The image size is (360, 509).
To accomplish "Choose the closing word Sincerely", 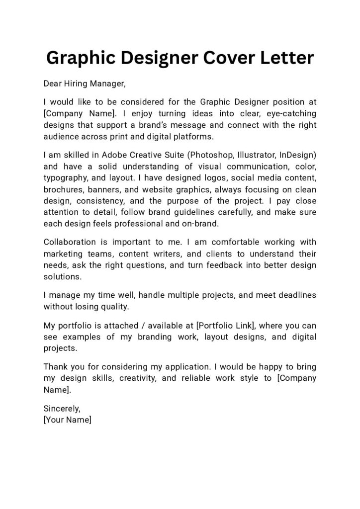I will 62,408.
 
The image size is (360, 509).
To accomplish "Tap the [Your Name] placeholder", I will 68,420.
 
